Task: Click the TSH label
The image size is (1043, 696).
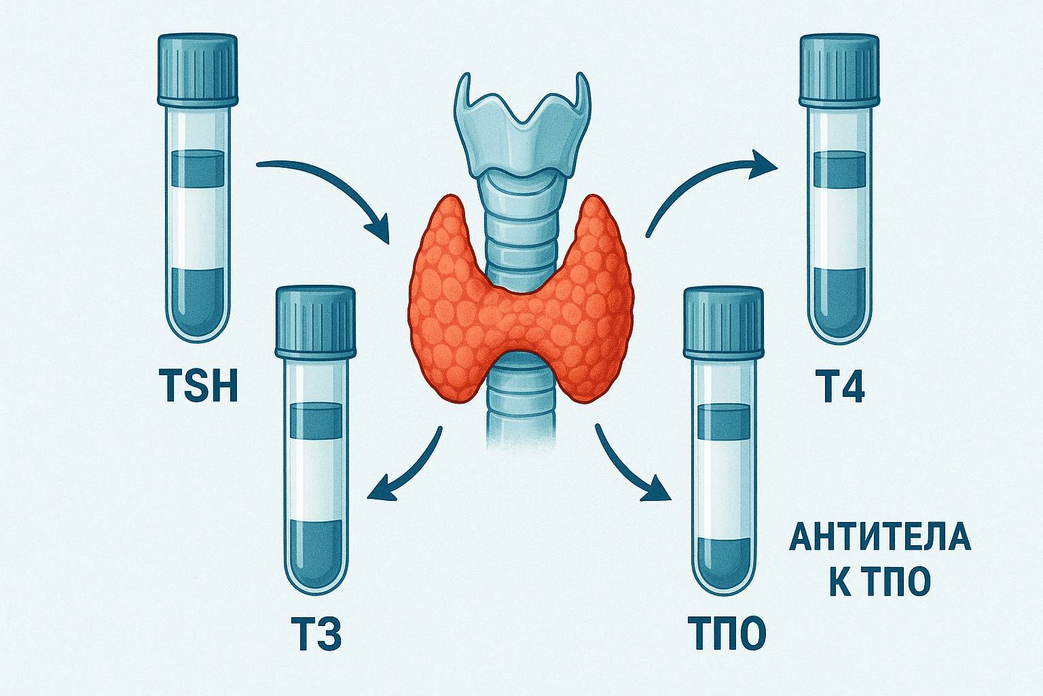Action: point(198,385)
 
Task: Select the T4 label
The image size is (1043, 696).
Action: point(839,386)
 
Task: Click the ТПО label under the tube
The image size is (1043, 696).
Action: point(726,634)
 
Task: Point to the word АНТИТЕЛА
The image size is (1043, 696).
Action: point(880,537)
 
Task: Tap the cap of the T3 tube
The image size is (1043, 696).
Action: point(316,320)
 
